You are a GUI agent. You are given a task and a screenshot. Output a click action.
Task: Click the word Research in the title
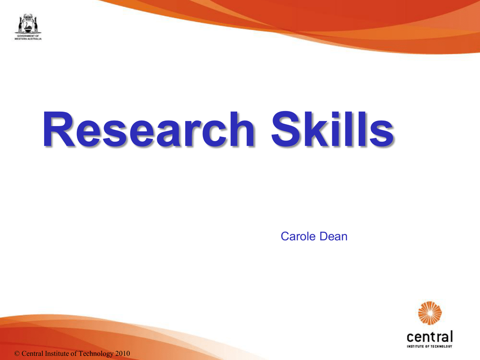click(x=149, y=129)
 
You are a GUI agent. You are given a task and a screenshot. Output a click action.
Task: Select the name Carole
click(x=299, y=236)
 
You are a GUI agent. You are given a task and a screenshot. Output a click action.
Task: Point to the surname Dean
click(x=333, y=236)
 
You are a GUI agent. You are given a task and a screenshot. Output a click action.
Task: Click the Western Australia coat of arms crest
click(x=28, y=23)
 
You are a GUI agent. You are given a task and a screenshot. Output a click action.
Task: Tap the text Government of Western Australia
click(x=28, y=37)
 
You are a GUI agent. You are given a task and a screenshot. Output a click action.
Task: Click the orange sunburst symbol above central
click(x=430, y=313)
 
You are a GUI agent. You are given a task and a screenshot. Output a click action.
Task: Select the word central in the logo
click(x=429, y=337)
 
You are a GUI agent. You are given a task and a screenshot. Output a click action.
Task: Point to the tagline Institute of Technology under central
click(x=429, y=346)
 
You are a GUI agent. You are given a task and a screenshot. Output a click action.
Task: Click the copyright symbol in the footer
click(x=17, y=353)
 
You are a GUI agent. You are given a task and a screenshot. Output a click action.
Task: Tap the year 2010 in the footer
click(x=122, y=353)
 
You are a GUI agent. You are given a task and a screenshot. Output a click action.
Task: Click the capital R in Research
click(x=59, y=129)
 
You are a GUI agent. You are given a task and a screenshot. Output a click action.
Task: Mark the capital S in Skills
click(x=286, y=129)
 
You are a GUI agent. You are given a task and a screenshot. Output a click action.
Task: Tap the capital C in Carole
click(x=285, y=236)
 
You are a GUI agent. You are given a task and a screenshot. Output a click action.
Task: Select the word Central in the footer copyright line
click(x=32, y=353)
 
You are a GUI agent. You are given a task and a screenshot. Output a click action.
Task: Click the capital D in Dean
click(x=324, y=236)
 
